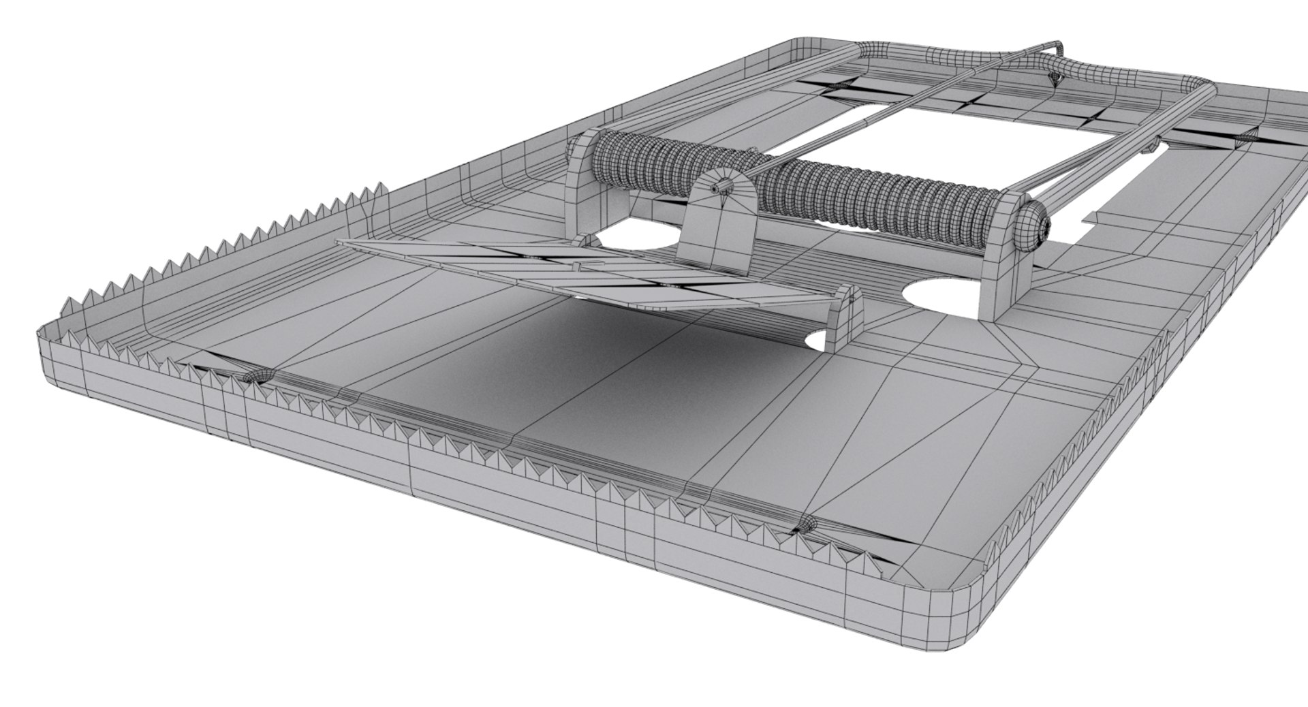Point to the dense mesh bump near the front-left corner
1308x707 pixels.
(258, 377)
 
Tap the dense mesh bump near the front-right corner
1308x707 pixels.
(809, 525)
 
